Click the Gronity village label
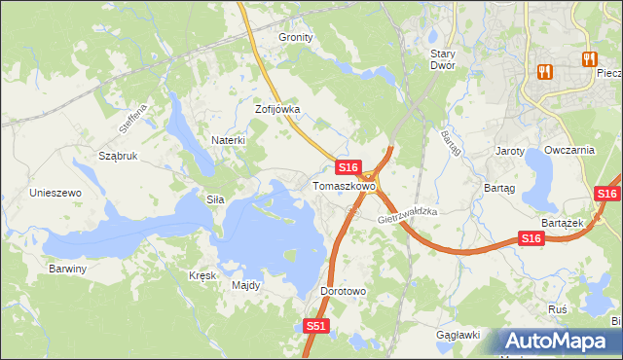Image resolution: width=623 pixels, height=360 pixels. coord(296,37)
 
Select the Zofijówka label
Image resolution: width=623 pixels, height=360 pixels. coord(277,110)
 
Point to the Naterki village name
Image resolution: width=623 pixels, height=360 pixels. coord(229,140)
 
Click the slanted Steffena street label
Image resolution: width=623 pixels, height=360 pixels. coord(132,120)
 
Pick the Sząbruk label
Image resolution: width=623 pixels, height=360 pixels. coord(118,156)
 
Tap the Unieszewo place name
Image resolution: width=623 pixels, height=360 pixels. coord(55,193)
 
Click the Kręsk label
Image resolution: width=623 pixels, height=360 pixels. coord(202,275)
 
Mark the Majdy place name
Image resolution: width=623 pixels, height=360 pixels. coord(245,286)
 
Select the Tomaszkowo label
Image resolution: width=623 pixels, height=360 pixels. coord(344,185)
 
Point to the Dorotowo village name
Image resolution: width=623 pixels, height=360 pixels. coord(343,291)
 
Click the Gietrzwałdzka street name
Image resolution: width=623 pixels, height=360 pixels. coord(408,216)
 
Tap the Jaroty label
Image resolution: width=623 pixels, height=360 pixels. coord(510,152)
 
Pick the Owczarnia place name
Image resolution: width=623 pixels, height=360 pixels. coord(569,151)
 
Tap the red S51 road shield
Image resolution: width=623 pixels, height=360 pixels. coord(315,327)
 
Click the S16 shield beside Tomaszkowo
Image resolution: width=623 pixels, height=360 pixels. coord(350,167)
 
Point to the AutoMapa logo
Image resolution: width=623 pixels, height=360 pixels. coord(559,342)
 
